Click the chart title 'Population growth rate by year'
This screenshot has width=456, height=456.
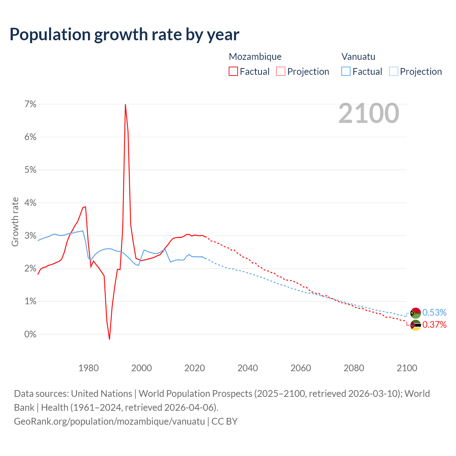click(x=124, y=35)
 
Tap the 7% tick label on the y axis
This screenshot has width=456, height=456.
click(x=30, y=104)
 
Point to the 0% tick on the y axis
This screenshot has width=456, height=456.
click(x=30, y=334)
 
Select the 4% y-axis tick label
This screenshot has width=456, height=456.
click(x=30, y=203)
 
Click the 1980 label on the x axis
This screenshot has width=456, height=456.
click(x=88, y=368)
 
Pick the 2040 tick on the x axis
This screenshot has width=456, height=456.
click(x=248, y=368)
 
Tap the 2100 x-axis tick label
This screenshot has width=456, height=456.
click(x=406, y=368)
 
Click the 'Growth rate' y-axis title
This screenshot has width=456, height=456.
click(x=15, y=222)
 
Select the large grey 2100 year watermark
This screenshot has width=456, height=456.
click(x=369, y=113)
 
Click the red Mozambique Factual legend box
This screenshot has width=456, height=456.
click(x=233, y=71)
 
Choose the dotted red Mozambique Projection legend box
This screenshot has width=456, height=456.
click(x=281, y=71)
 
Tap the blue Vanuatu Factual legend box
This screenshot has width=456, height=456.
click(x=346, y=71)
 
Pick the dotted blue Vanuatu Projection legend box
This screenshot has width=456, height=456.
click(x=393, y=71)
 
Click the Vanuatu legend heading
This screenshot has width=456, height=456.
click(x=358, y=57)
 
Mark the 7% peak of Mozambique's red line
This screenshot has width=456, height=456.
click(x=125, y=105)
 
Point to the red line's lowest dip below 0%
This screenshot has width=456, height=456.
click(x=109, y=339)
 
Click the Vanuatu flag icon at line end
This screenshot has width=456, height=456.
click(x=415, y=313)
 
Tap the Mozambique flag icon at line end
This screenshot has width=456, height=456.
click(x=415, y=325)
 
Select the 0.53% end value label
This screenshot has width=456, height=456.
click(x=434, y=313)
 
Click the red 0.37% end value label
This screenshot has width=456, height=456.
click(x=434, y=325)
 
